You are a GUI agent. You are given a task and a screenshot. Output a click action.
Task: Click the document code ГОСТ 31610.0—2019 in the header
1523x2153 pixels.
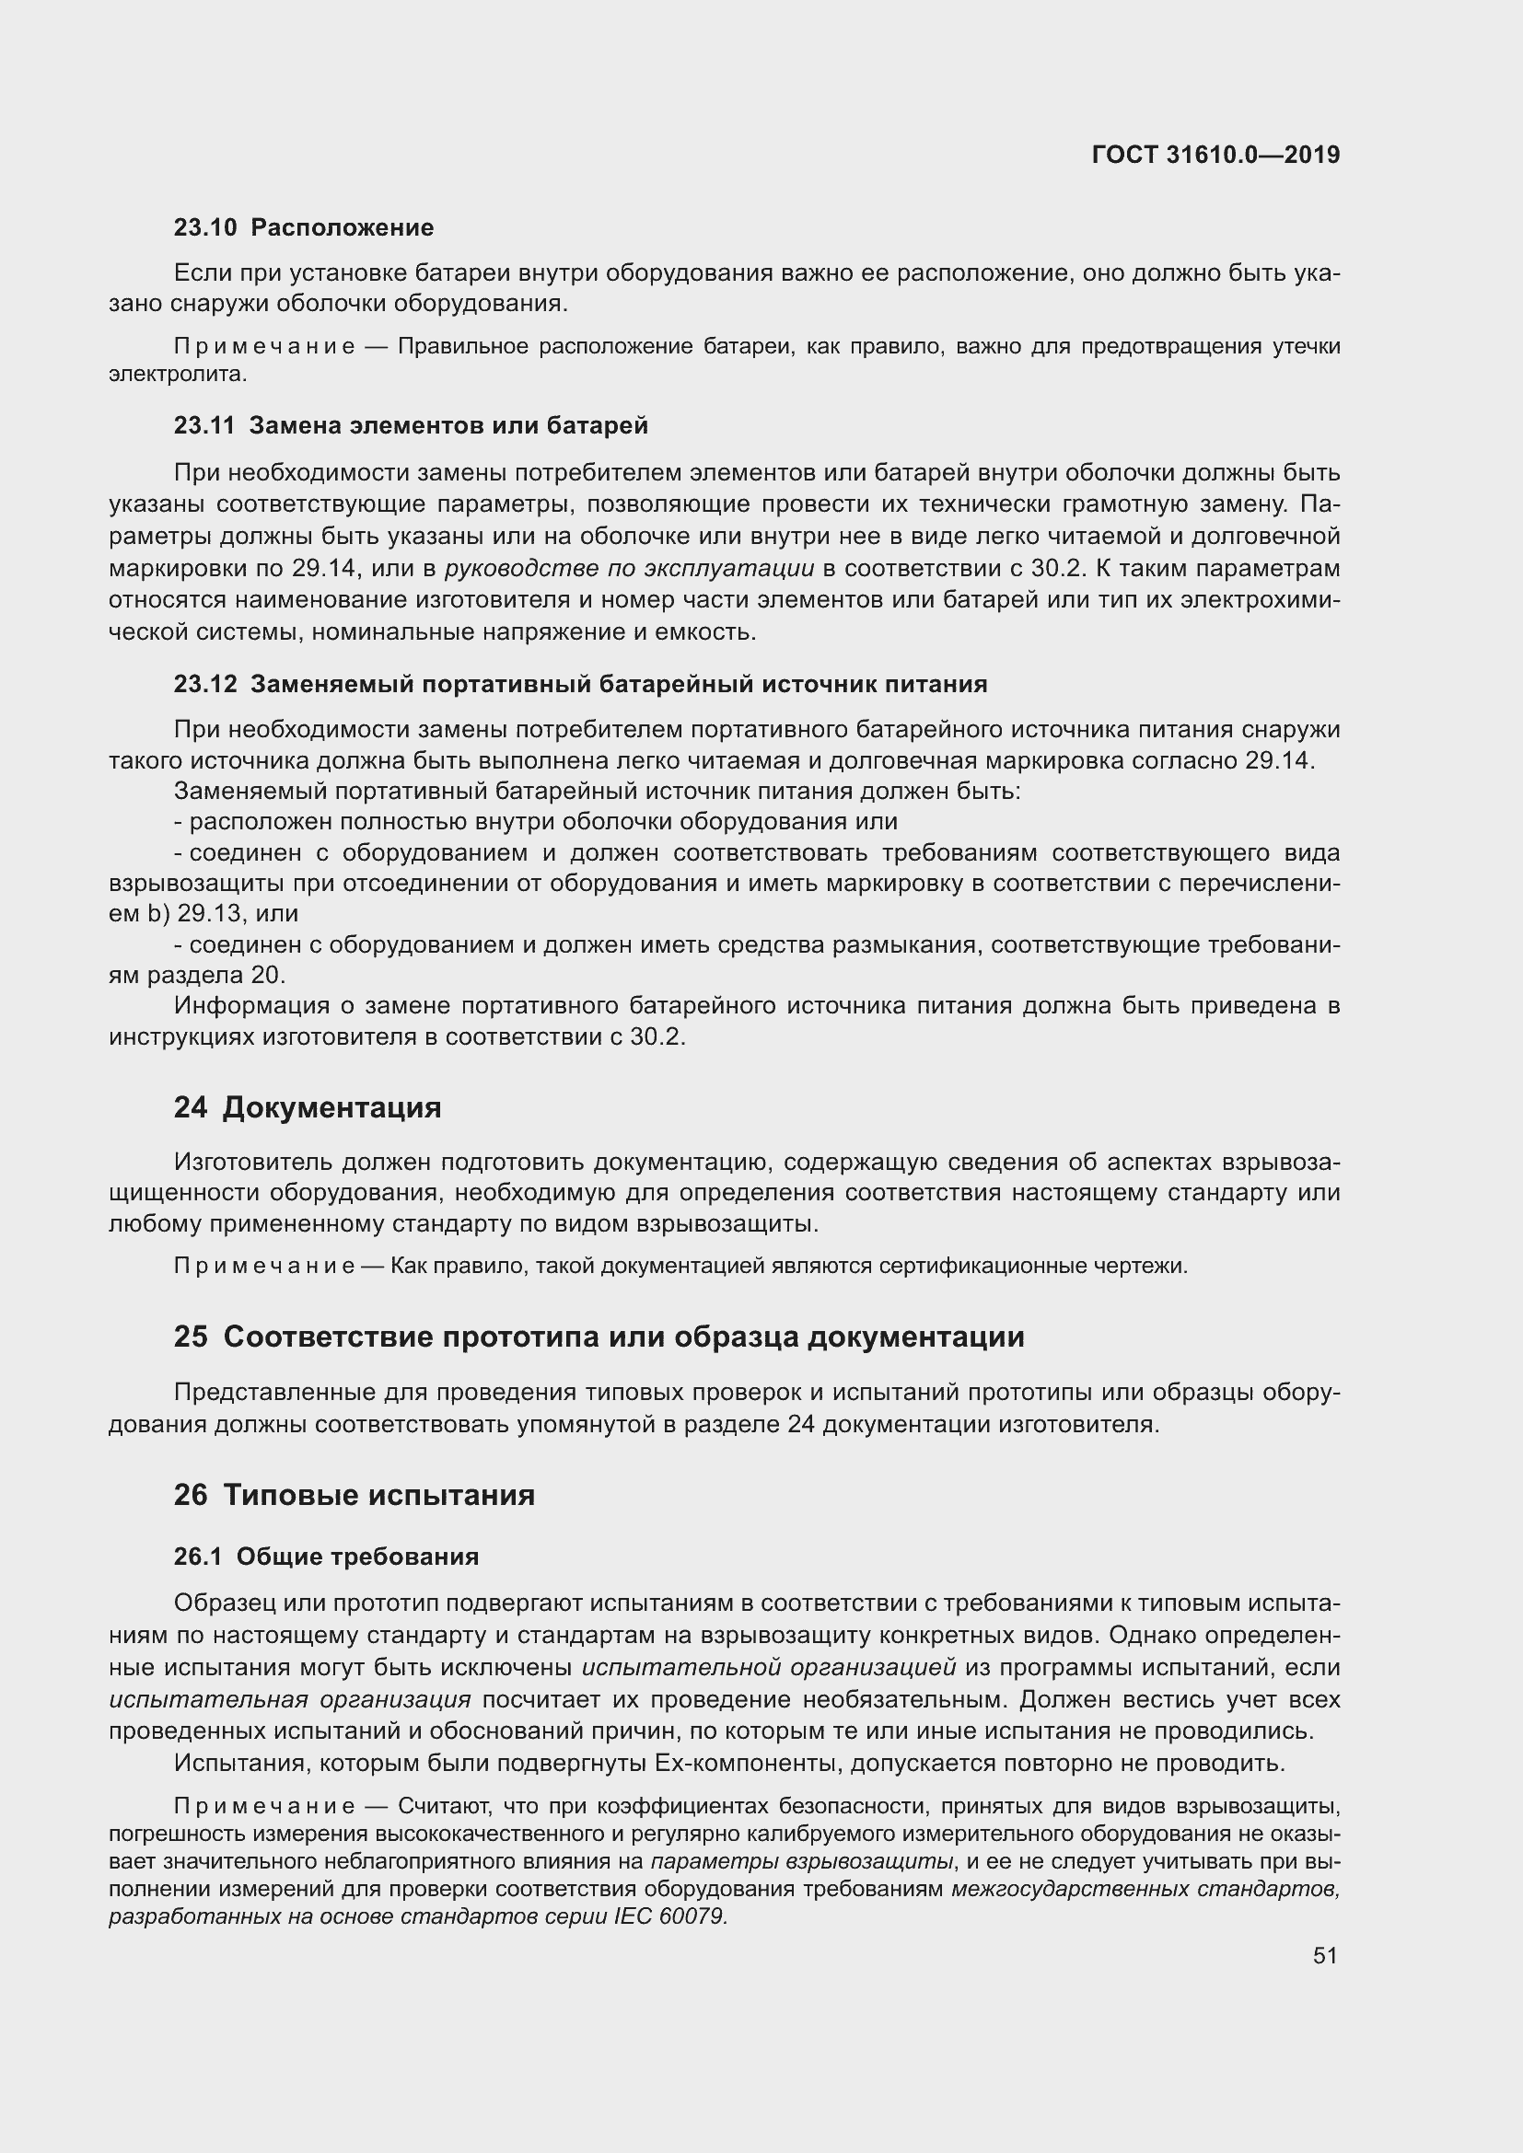point(1215,155)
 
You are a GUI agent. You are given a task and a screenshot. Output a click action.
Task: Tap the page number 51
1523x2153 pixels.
point(1325,1955)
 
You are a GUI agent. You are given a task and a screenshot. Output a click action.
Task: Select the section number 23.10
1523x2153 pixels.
point(204,228)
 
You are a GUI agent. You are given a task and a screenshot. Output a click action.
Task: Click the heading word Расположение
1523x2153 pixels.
point(343,228)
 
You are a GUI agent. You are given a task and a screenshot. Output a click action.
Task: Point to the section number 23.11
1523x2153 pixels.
point(203,426)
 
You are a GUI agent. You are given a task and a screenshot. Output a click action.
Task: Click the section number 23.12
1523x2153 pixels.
point(204,685)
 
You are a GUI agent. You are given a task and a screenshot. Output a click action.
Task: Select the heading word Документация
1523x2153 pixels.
point(332,1107)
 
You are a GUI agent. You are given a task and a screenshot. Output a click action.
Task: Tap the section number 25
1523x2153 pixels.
point(191,1337)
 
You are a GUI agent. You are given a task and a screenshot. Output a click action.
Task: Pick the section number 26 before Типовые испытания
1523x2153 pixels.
point(191,1494)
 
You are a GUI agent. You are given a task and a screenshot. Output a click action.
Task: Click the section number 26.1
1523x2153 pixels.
point(197,1557)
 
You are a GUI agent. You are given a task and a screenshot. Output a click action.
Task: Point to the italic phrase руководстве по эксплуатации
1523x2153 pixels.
point(629,568)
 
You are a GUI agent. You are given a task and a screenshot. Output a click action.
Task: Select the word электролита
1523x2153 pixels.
point(177,374)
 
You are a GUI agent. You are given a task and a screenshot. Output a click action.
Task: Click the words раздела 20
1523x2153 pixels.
point(215,975)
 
